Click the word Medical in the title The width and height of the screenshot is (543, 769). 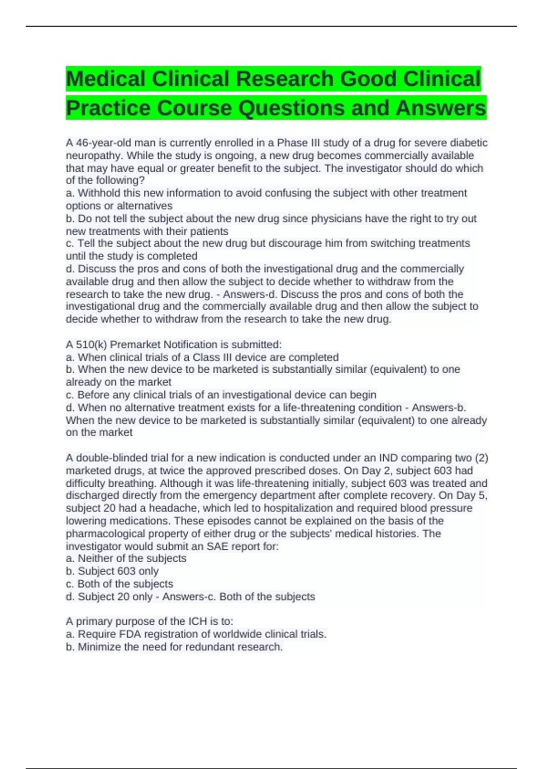coord(106,79)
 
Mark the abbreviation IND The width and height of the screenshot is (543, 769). coord(388,458)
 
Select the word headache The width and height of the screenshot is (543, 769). coord(171,508)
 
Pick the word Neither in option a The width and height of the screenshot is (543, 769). coord(96,558)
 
